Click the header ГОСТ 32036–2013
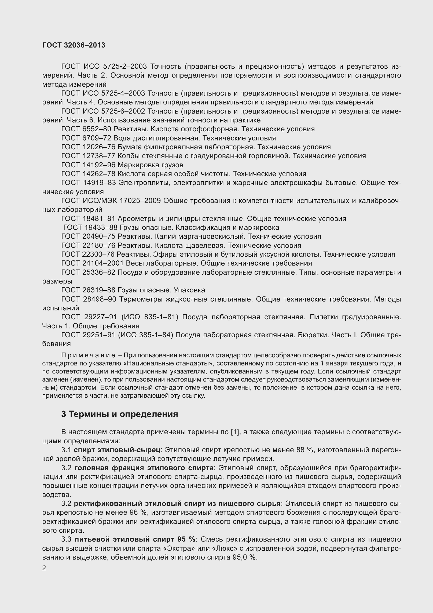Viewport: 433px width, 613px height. [74, 45]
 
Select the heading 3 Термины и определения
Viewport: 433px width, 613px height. [120, 414]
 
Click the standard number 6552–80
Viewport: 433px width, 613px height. [96, 129]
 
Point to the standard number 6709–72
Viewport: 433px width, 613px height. [96, 138]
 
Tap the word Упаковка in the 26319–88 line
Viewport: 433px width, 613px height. [189, 290]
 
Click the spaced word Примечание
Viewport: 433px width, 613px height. [88, 356]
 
